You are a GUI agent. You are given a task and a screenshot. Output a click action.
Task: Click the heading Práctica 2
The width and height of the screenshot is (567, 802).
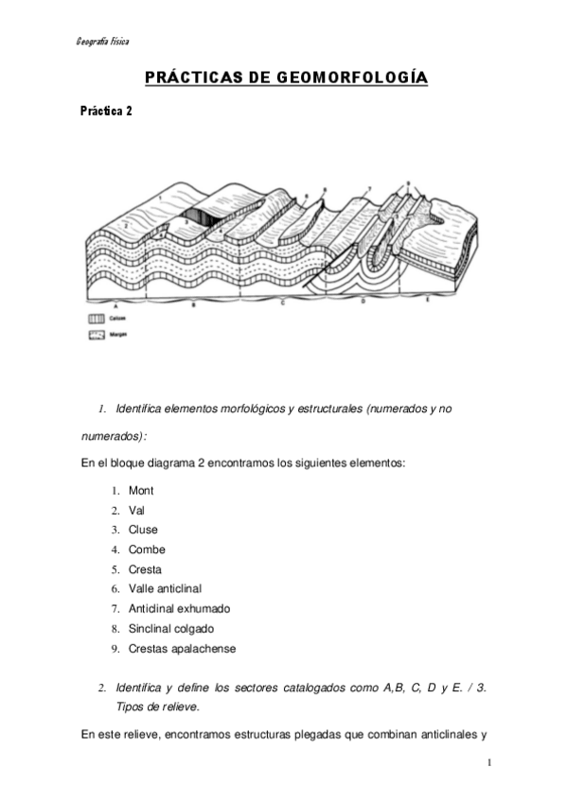[106, 111]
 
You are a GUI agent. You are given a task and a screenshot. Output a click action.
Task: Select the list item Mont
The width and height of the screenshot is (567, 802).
[141, 491]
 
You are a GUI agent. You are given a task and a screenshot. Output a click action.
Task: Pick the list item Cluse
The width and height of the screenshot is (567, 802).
[143, 530]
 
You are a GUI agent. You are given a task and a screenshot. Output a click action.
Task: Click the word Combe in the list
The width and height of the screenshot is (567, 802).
[147, 549]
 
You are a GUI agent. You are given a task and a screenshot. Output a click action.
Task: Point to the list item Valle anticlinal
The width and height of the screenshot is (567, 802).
[165, 589]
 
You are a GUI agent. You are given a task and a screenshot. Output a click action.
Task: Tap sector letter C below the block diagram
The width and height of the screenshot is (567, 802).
[283, 305]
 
